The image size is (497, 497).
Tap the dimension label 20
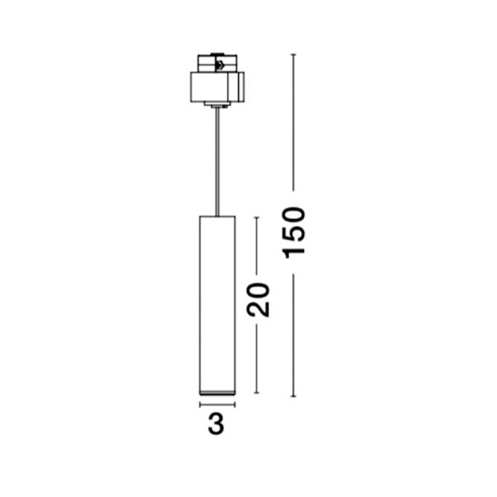click(x=259, y=300)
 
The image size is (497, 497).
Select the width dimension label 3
click(x=216, y=424)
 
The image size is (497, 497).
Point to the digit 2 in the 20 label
click(x=259, y=309)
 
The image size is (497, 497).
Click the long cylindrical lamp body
click(x=217, y=306)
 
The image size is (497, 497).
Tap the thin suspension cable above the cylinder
click(x=217, y=162)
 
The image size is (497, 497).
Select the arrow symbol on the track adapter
click(x=220, y=66)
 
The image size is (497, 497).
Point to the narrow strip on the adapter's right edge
click(x=241, y=87)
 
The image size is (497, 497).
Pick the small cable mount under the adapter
click(x=217, y=105)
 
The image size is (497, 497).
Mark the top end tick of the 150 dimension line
click(x=294, y=55)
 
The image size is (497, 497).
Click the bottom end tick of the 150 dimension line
click(x=294, y=396)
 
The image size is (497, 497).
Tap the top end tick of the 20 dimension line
click(x=257, y=218)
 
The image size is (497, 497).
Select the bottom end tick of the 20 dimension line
click(x=257, y=393)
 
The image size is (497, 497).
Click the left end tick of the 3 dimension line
click(x=200, y=405)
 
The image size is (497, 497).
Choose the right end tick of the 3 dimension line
click(x=235, y=405)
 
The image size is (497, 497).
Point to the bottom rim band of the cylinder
click(x=217, y=393)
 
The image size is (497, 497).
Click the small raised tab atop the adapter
click(x=217, y=54)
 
